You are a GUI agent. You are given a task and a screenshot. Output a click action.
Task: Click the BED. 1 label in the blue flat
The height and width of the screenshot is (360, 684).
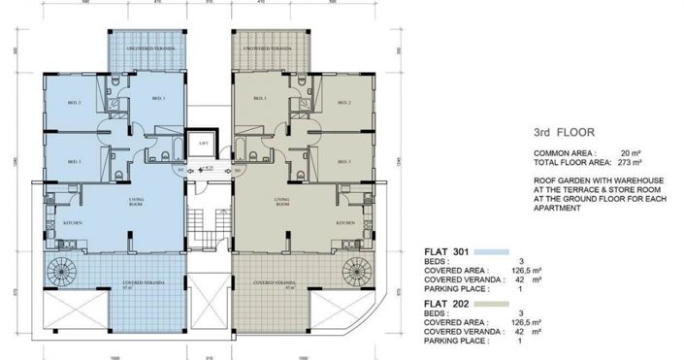[158, 99]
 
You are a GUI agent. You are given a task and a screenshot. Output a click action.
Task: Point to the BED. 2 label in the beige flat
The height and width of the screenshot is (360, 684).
[341, 102]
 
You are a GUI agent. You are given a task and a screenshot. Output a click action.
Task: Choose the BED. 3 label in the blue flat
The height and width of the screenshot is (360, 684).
[74, 160]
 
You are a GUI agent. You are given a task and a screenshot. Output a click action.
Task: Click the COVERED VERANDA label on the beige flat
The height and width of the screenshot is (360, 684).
[275, 283]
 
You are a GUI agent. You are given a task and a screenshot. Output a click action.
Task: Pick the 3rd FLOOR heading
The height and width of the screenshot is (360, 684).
[565, 132]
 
